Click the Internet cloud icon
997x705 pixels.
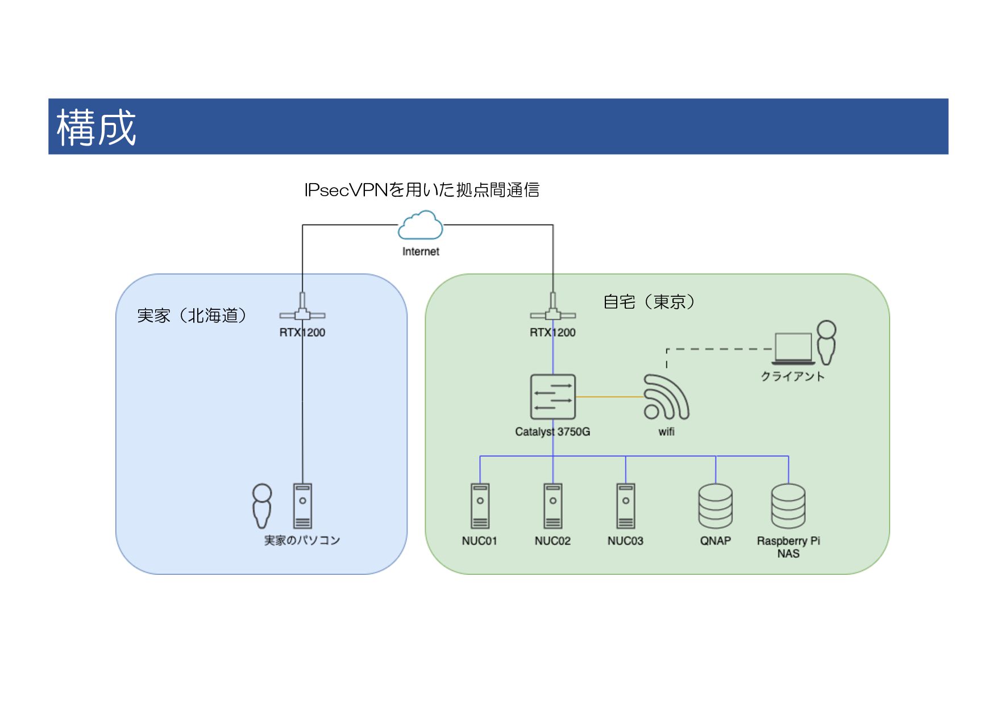coord(421,225)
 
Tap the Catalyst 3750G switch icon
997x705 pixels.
coord(552,397)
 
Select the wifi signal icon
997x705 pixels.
coord(666,397)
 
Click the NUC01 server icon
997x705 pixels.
coord(480,506)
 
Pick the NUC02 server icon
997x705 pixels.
coord(552,506)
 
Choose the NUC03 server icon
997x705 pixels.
coord(625,506)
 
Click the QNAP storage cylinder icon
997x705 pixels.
coord(716,506)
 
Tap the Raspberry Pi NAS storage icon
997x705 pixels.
coord(788,506)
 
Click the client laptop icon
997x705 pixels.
coord(793,348)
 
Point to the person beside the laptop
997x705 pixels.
coord(826,342)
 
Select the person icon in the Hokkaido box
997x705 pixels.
coord(262,506)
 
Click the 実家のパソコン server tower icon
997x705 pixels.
coord(302,506)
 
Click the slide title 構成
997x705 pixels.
coord(96,127)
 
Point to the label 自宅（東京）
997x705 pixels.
coord(649,301)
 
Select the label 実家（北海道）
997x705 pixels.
coord(192,316)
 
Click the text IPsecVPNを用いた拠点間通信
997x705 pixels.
coord(422,189)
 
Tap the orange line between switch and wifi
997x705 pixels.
coord(609,397)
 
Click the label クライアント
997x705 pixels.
coord(792,376)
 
